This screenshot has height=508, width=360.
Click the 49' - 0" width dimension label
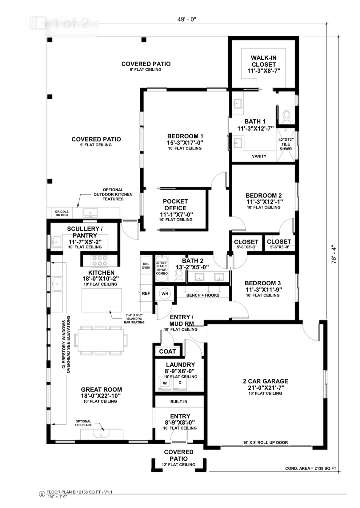point(186,20)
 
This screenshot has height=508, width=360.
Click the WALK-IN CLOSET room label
point(264,61)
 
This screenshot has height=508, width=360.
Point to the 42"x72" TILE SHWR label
point(286,144)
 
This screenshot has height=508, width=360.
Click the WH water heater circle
point(165,294)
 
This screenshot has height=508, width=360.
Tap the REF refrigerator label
point(146,293)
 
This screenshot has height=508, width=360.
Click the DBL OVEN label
point(146,266)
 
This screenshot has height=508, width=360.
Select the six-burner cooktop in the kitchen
point(100,261)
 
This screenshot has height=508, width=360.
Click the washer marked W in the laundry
point(165,383)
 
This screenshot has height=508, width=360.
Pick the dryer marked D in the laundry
point(180,383)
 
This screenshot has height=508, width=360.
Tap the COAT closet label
point(167,351)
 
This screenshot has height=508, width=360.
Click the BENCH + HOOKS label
point(203,295)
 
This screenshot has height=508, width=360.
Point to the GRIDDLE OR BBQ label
point(62,213)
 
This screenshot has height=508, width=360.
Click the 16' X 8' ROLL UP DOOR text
point(265,443)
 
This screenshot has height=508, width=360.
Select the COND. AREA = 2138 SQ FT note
point(310,468)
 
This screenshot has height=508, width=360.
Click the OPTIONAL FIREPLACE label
point(83,423)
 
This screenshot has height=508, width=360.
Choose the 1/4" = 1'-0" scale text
point(57,497)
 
